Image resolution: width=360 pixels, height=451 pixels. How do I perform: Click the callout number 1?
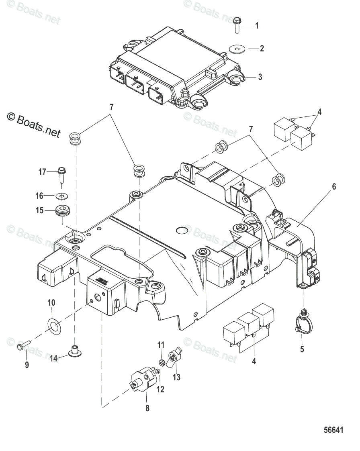click(257, 26)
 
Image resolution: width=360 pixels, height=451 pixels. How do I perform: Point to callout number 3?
click(260, 77)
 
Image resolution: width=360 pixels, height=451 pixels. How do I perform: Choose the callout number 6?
click(334, 187)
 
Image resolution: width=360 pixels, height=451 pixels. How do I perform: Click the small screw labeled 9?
click(25, 345)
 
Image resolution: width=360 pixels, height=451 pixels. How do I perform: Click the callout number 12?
click(160, 389)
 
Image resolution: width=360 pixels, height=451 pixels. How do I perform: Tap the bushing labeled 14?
click(74, 351)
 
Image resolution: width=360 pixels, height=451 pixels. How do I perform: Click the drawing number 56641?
click(333, 430)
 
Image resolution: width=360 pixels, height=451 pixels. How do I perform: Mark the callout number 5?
click(302, 349)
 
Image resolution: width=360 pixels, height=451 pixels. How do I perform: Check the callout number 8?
click(147, 408)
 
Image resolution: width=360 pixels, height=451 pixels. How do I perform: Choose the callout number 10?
click(52, 302)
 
